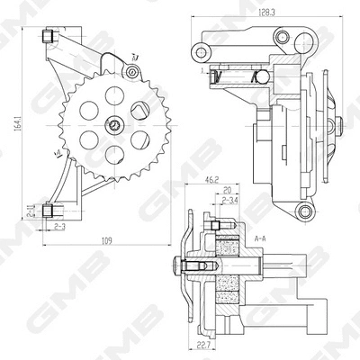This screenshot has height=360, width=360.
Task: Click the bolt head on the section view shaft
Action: pos(177,266)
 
